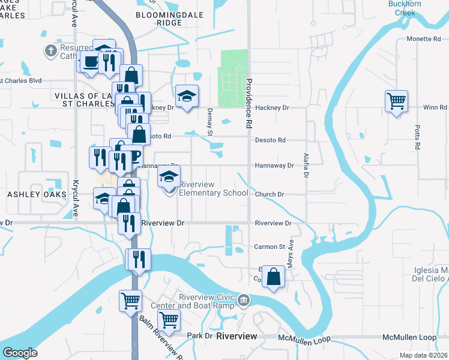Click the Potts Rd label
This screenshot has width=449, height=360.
417,137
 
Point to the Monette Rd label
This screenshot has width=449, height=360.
423,38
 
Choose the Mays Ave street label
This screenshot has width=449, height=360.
290,254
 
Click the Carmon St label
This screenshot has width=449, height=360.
269,247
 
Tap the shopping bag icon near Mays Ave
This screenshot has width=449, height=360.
274,277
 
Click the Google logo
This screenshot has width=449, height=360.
20,353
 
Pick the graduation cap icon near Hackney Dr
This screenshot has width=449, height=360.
187,96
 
